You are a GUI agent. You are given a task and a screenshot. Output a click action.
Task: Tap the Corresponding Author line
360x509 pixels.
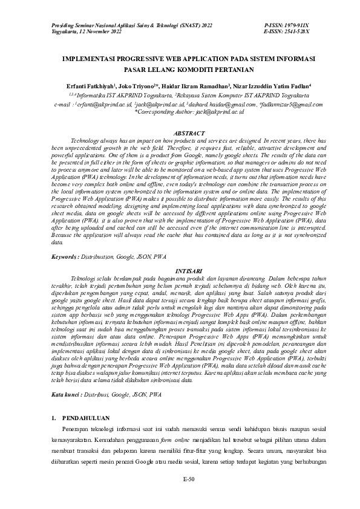coord(188,112)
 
